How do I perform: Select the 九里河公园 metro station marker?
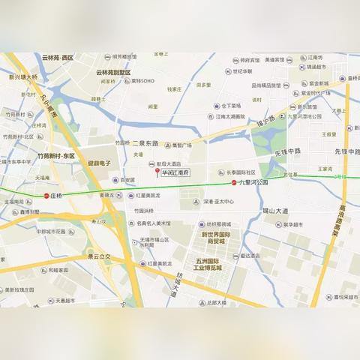click(234, 182)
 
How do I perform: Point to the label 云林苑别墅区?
click(113, 73)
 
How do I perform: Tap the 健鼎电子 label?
click(100, 163)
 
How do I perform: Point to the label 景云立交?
click(98, 256)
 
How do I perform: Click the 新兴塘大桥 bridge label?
click(23, 76)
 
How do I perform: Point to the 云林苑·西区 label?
click(58, 58)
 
